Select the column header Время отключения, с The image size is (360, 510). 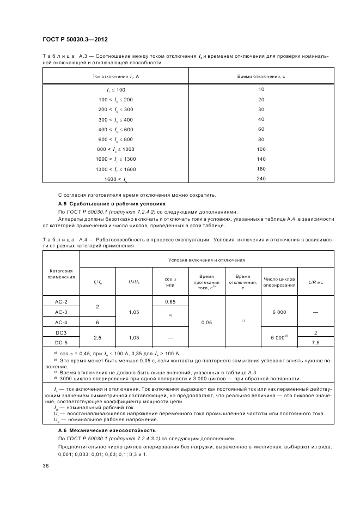261,76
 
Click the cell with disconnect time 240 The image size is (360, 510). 261,179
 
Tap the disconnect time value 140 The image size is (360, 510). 261,159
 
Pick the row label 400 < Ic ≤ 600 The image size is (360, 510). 115,129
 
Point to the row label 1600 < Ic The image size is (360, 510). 115,179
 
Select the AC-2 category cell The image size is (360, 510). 61,302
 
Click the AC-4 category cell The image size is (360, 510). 61,323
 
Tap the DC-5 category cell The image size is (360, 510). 61,342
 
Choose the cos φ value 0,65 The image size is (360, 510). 170,302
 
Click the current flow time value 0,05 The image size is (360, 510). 206,323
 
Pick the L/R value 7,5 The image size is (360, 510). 316,342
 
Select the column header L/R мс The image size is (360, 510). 316,282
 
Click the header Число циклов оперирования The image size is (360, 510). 279,282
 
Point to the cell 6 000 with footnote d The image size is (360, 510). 279,338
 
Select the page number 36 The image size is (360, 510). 46,466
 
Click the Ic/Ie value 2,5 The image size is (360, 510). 97,338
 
